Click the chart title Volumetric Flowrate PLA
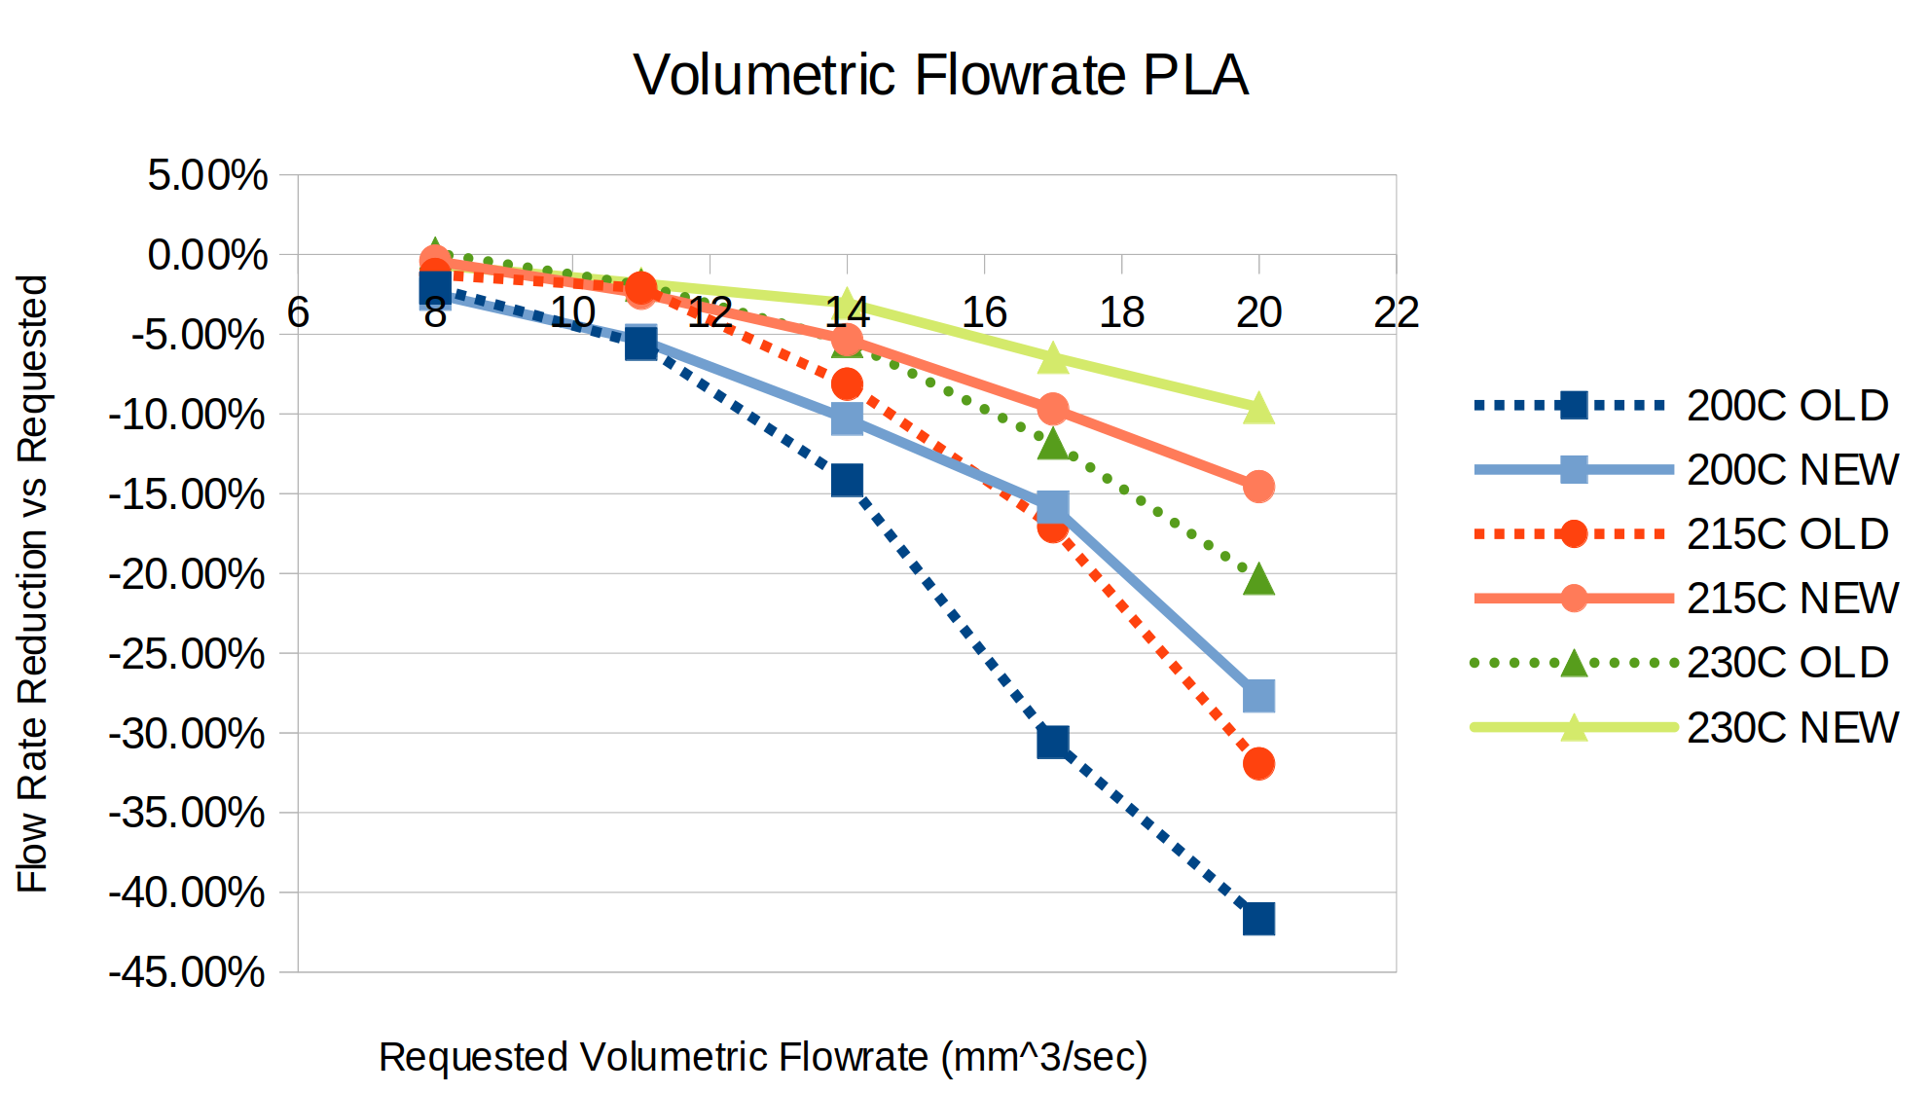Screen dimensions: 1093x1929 (940, 75)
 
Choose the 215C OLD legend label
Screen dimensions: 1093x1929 (1787, 534)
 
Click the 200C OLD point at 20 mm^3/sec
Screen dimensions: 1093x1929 (1258, 918)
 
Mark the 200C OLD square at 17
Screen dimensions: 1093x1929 (1052, 742)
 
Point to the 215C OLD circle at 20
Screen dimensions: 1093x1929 (1258, 763)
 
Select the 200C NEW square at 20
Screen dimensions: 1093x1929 (1258, 696)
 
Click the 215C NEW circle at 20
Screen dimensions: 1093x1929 (1258, 486)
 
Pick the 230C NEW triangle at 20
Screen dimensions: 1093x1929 (1258, 409)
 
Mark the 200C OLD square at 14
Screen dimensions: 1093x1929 (847, 480)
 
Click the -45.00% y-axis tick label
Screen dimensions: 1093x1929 (186, 971)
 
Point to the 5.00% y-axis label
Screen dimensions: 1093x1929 (207, 176)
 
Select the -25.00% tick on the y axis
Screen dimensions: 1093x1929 (186, 653)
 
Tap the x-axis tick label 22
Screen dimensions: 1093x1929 (1396, 312)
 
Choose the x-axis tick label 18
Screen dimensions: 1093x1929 (1121, 312)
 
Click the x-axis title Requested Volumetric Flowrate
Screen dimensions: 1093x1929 (763, 1057)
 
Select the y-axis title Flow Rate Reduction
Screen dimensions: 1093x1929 (32, 583)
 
